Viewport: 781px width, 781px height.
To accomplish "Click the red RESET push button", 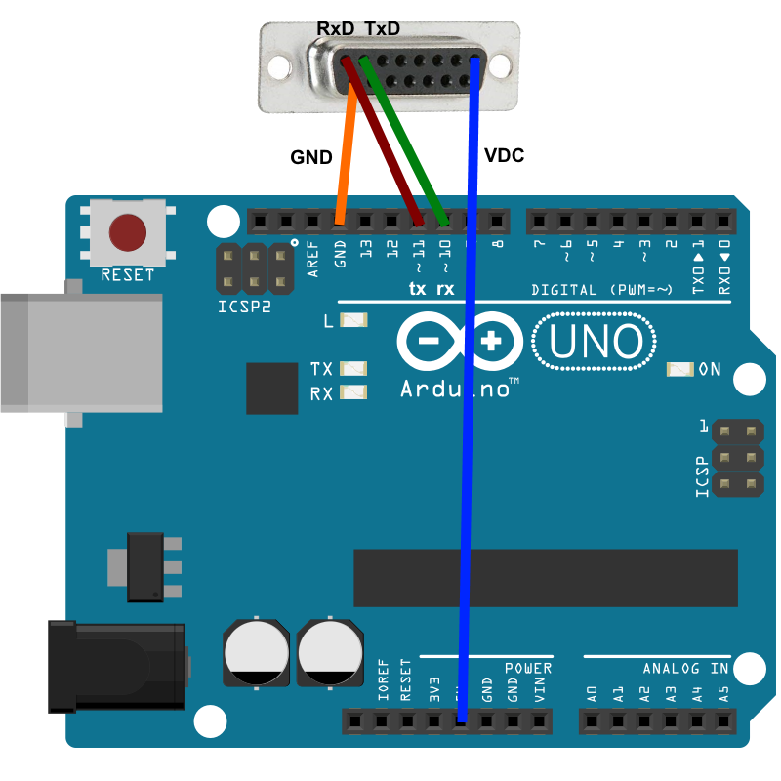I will click(128, 232).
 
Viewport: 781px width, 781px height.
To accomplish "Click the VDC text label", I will click(505, 155).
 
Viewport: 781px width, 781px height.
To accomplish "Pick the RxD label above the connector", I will click(336, 29).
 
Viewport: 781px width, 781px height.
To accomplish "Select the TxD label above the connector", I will click(382, 29).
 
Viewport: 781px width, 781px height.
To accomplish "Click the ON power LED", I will click(679, 369).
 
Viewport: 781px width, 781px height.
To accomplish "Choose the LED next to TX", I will click(353, 369).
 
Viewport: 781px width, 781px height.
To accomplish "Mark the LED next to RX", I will click(353, 393).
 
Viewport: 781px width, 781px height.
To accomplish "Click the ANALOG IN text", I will click(685, 669).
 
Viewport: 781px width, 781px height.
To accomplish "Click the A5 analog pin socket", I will click(722, 721).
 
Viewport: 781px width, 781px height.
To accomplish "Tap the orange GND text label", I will click(311, 156).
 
